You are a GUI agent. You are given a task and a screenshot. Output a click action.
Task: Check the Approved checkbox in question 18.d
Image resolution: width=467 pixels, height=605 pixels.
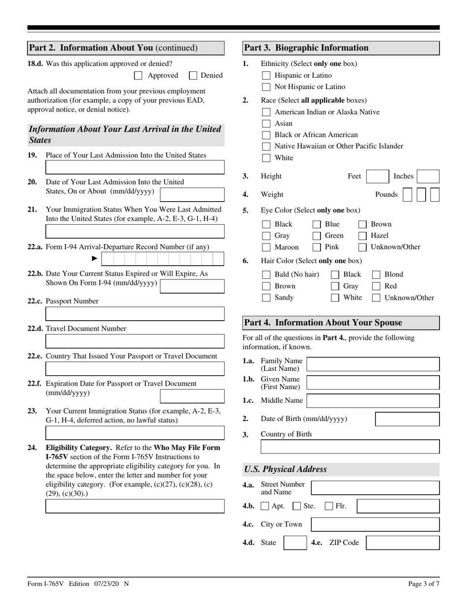[138, 75]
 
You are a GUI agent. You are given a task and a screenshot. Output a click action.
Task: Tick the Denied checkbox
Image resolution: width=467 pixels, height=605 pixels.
[193, 75]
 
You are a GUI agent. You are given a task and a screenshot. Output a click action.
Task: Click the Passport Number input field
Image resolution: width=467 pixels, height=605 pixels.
[135, 314]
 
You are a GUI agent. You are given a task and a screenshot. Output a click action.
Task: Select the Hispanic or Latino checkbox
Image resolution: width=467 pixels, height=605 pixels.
[266, 75]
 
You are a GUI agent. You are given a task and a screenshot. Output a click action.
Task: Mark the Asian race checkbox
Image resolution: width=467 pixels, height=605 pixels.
[266, 123]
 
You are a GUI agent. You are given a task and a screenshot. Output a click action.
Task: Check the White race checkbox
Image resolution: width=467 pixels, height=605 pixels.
[266, 158]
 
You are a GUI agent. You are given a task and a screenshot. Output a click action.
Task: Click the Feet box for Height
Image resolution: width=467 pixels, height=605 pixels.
[378, 177]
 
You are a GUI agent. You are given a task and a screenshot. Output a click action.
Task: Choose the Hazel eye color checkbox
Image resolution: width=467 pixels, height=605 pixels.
[362, 236]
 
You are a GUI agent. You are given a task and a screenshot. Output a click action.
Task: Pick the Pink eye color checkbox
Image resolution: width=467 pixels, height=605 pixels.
[317, 247]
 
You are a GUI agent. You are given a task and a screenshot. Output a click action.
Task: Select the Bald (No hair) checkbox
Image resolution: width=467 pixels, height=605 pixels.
[266, 274]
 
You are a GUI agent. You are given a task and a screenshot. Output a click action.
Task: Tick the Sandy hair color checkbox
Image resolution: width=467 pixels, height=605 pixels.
[266, 298]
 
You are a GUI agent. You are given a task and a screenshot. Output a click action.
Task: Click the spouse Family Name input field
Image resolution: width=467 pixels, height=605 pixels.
[373, 364]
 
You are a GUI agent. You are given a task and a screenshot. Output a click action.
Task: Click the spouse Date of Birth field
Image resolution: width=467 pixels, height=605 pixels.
[407, 419]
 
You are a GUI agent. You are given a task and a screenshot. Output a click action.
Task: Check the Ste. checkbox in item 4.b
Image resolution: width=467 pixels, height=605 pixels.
[296, 506]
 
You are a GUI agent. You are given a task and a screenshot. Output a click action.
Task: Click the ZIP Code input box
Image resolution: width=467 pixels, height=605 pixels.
[403, 543]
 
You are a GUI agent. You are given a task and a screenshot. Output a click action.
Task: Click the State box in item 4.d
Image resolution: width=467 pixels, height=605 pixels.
[295, 543]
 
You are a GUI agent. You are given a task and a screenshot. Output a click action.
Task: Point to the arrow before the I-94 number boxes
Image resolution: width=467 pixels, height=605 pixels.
[95, 259]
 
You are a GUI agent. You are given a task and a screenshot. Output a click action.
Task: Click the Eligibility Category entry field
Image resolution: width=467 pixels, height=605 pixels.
[135, 506]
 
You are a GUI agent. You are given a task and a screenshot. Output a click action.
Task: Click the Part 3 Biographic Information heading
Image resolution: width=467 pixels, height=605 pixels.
[341, 48]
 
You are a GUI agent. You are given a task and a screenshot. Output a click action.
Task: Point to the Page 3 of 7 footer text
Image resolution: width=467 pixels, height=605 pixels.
[424, 584]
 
